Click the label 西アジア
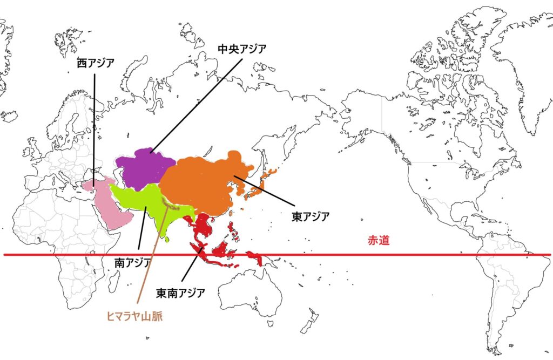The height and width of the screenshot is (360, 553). tap(95, 63)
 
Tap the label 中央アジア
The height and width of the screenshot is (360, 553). tap(241, 49)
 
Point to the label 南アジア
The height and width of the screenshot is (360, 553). tap(133, 263)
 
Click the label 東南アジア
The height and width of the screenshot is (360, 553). tap(180, 294)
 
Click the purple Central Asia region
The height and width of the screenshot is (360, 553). tap(143, 167)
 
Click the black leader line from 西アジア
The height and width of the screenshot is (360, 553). tap(95, 130)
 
